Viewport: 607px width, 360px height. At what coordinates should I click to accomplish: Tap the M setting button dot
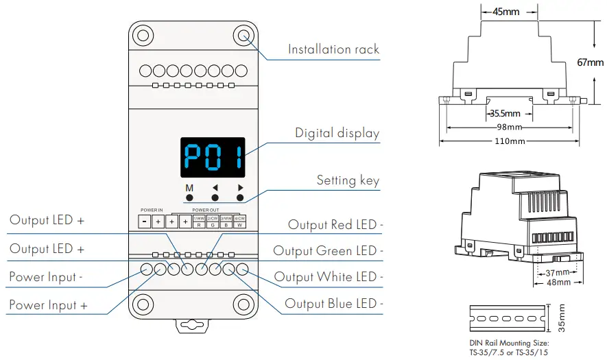tap(189, 198)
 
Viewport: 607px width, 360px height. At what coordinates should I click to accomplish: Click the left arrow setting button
tap(215, 198)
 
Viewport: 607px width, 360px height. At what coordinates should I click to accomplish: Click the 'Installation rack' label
tap(333, 49)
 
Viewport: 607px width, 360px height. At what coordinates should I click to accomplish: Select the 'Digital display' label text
tap(337, 133)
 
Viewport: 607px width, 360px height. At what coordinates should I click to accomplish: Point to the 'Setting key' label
tap(348, 180)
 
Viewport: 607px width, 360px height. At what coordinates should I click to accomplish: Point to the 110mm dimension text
tap(510, 141)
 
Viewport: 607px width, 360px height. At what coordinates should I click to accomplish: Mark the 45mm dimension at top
tap(506, 12)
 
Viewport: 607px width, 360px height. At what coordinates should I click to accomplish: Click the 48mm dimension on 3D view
tap(558, 283)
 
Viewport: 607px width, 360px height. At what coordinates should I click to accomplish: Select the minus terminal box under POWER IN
tap(145, 221)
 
